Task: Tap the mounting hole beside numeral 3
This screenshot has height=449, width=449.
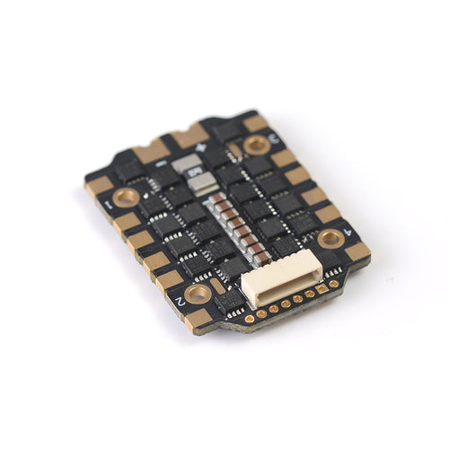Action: (257, 144)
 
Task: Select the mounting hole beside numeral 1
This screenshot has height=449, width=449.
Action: (125, 196)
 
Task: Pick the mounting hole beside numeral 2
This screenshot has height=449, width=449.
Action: (198, 293)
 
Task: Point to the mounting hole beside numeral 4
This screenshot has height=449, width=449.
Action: (330, 237)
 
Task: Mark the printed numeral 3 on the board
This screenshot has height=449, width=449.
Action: (274, 136)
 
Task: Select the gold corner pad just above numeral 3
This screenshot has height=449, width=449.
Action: (255, 121)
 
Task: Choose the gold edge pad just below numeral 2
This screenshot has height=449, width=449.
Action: (199, 318)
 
